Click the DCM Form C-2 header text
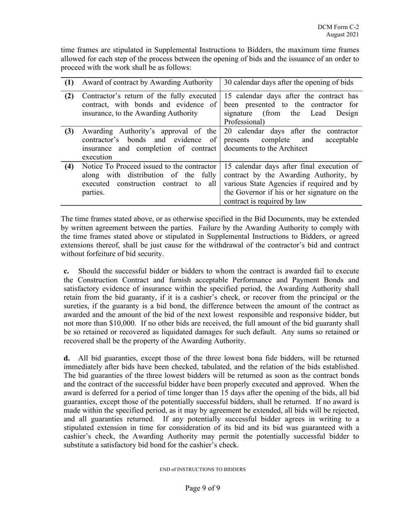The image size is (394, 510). pos(338,27)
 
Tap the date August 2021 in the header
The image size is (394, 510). pos(342,35)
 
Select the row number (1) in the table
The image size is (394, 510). pos(69,83)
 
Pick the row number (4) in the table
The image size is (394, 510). pos(69,167)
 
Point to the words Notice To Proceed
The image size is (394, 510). pos(107,167)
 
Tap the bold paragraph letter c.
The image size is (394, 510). pos(66,271)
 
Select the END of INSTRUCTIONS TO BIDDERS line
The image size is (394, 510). pos(203,470)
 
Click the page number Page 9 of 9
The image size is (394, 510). pos(202,488)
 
